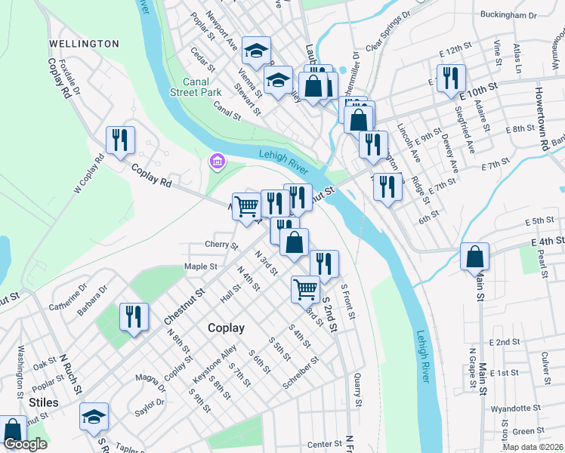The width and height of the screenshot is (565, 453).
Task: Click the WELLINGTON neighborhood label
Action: tap(83, 44)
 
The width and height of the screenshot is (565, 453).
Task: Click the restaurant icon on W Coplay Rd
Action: tap(120, 140)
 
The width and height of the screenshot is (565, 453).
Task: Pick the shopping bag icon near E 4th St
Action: tap(474, 257)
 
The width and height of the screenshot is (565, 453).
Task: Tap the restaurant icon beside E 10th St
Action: tap(451, 78)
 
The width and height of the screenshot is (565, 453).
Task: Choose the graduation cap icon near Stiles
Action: tap(94, 417)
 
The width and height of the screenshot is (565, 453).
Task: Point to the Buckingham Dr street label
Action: tap(508, 15)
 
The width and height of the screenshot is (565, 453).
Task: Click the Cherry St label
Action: tap(221, 245)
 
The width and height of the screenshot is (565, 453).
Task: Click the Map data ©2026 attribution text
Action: tap(532, 447)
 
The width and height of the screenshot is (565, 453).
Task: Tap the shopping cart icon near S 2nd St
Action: tap(306, 288)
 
